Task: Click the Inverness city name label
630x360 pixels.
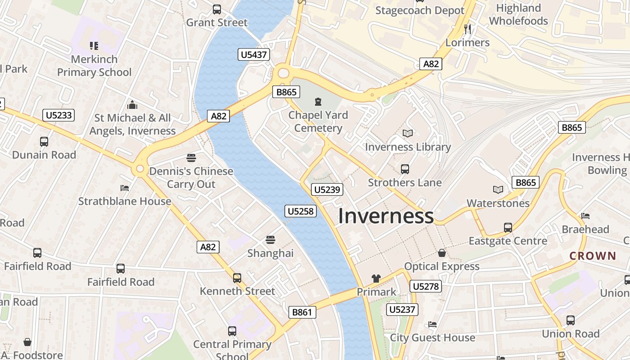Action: (x=386, y=216)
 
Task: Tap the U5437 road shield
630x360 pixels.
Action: (x=254, y=55)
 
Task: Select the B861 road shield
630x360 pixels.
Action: (x=302, y=312)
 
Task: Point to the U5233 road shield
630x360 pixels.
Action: (x=59, y=115)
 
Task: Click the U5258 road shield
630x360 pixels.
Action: (x=301, y=211)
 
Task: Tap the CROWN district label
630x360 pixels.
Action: (x=593, y=256)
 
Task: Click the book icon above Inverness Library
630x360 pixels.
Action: (x=408, y=134)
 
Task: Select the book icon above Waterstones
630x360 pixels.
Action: (x=498, y=190)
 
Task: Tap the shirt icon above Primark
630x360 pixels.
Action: (x=376, y=279)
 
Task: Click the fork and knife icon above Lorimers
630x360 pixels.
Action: (x=468, y=29)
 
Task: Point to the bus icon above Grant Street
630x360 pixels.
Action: (x=217, y=9)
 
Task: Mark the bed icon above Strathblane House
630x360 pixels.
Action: (x=125, y=188)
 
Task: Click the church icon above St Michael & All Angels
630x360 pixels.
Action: (x=132, y=105)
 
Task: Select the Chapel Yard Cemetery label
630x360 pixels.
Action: (x=318, y=121)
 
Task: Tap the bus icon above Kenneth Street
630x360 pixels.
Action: (x=237, y=278)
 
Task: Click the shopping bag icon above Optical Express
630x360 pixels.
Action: (x=442, y=253)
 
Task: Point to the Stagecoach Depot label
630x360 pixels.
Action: (x=420, y=10)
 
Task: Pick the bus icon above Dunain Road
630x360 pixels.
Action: (x=44, y=142)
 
